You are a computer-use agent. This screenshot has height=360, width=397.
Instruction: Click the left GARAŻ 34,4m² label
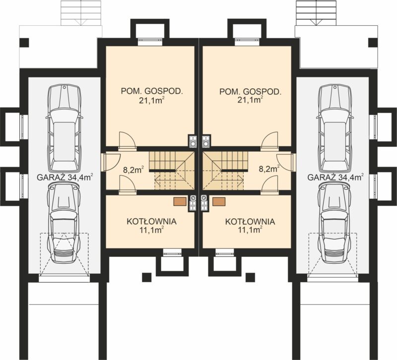65,177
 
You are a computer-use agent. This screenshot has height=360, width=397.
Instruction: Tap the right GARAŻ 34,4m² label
335,177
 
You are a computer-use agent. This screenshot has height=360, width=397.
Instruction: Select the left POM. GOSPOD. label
152,91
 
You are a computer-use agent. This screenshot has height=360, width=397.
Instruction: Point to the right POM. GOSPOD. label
250,91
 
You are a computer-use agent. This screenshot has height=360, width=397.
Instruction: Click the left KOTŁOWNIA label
151,221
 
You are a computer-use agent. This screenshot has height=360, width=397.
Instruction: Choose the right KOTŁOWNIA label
250,221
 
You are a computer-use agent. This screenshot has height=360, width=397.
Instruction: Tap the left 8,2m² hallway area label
133,169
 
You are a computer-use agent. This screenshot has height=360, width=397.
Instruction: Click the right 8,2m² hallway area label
269,169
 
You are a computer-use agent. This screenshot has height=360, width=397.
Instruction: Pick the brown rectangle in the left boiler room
180,202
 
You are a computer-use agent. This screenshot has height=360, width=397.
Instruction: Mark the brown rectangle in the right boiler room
219,202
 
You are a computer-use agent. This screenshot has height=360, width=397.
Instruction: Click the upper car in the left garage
65,128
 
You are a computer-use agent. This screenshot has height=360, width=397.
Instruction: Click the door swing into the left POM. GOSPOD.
128,140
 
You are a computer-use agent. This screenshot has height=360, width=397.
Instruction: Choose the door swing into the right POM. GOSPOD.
269,140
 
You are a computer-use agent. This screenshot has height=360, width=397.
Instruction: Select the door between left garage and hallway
111,162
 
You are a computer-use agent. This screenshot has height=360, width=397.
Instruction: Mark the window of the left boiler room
172,251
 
